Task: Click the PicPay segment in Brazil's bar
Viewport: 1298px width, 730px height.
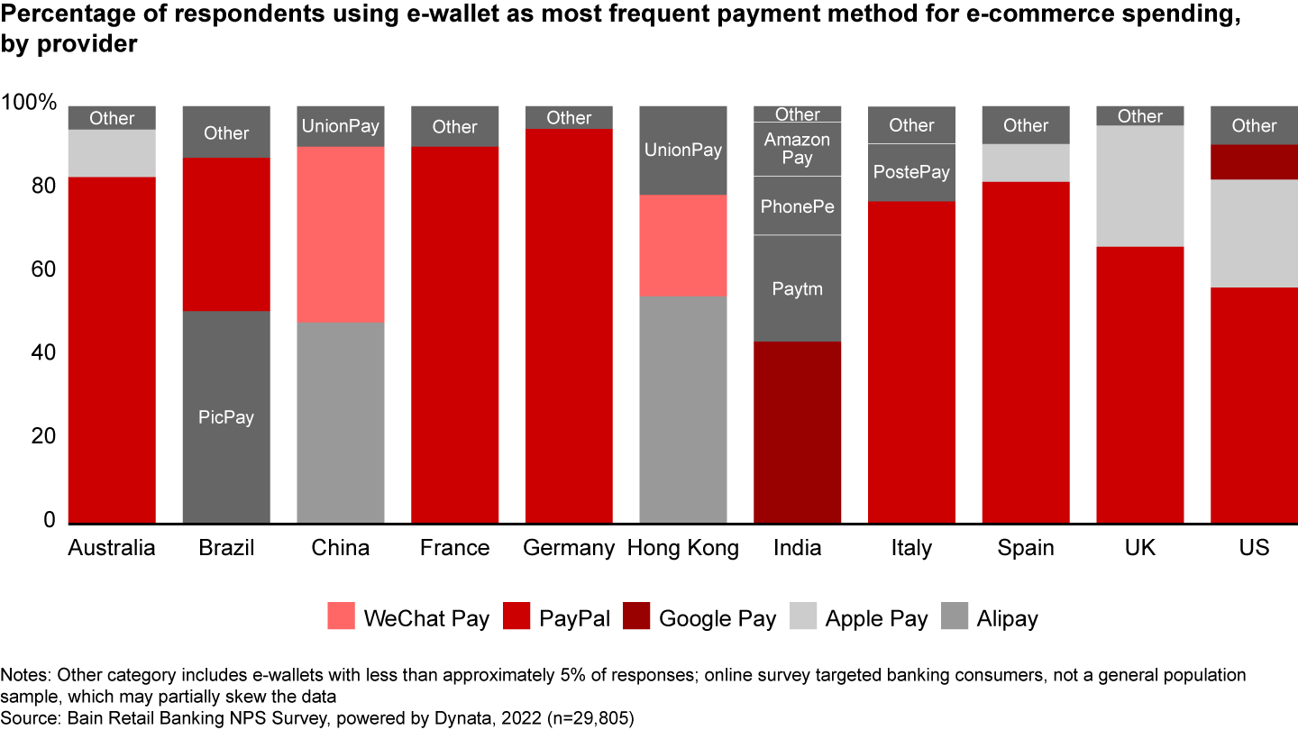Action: point(226,417)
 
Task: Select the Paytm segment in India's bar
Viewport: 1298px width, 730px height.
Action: point(797,288)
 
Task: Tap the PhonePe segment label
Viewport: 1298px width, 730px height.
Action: point(797,206)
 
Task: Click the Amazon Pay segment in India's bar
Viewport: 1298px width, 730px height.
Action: point(797,149)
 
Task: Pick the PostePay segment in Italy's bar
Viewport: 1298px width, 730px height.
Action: point(911,172)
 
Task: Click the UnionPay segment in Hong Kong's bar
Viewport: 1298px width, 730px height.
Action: point(682,151)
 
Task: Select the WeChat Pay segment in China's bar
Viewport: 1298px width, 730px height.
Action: point(341,234)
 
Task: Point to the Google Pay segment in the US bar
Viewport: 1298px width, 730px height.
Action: point(1254,162)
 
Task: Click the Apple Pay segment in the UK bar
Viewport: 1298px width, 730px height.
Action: point(1139,186)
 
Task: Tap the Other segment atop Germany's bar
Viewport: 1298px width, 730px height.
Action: point(569,118)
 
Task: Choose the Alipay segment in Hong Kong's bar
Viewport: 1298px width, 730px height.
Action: point(682,409)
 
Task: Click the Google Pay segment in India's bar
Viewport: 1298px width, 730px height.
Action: point(797,432)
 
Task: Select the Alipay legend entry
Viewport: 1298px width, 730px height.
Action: point(1006,618)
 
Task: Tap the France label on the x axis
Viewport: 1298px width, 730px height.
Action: point(454,548)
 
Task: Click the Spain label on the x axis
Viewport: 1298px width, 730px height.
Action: point(1026,548)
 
